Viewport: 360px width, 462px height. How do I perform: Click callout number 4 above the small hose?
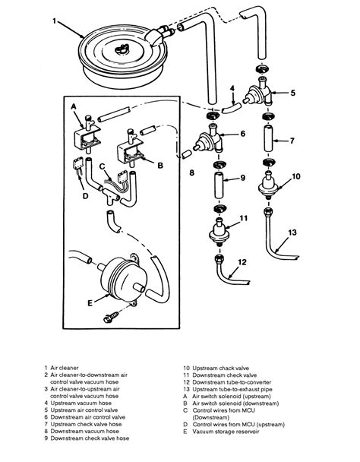[232, 88]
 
